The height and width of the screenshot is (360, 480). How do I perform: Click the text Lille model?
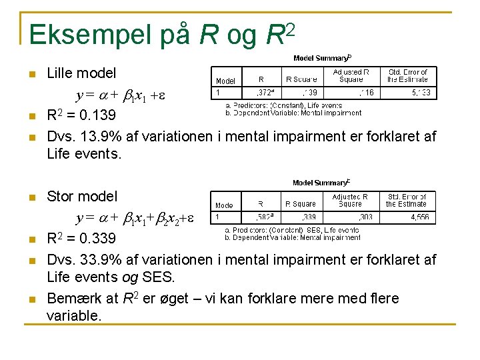point(81,73)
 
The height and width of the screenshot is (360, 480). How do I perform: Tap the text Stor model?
point(82,196)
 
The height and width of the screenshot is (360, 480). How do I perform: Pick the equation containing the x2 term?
point(135,218)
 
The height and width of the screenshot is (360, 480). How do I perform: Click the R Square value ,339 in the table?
point(309,217)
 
